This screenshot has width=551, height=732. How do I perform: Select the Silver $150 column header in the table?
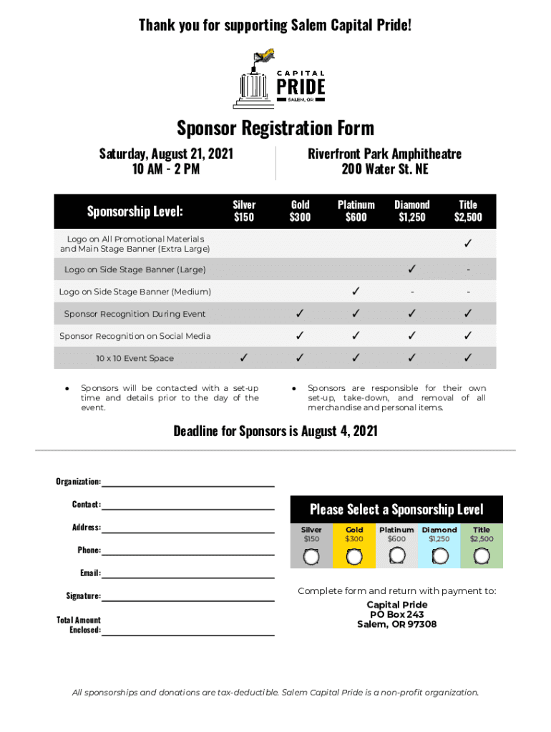point(244,211)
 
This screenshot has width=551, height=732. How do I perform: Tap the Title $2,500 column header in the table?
point(468,211)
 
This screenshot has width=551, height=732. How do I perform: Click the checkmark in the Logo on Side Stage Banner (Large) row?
point(411,269)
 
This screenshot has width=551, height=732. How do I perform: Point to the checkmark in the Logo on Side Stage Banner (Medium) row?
point(356,292)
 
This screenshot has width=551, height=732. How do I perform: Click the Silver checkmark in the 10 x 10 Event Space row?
point(244,357)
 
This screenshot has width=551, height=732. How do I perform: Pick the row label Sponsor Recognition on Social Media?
point(135,336)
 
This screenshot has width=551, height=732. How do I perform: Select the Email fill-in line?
point(188,575)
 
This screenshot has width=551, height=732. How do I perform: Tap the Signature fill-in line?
point(188,598)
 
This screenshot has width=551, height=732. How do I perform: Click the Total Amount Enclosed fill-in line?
point(188,633)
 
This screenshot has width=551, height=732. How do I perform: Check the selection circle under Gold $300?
point(354,557)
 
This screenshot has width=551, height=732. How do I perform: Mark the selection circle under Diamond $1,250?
point(440,557)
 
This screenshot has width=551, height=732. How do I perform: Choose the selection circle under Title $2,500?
point(482,557)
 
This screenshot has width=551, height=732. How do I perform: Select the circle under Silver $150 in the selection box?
point(311,557)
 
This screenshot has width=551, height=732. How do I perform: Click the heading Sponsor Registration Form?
point(275,129)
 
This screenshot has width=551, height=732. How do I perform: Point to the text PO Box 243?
point(396,615)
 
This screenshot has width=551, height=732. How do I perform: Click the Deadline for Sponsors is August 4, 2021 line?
point(275,431)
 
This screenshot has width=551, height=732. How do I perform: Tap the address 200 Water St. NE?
point(384,169)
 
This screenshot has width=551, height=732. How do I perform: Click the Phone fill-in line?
point(188,553)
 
